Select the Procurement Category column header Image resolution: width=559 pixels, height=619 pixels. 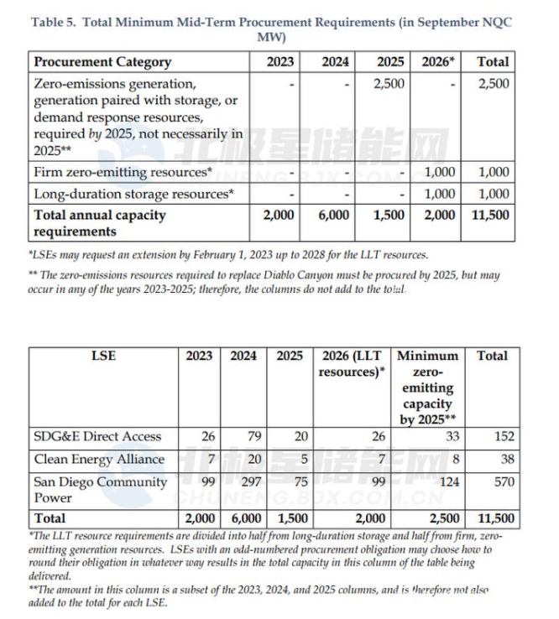[x=102, y=61]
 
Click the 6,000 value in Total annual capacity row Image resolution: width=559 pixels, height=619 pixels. [x=333, y=215]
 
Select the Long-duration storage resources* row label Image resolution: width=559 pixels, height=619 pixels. [x=133, y=194]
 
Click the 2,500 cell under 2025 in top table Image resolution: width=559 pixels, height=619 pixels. [x=388, y=84]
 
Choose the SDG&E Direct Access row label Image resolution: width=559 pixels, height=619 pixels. [x=97, y=436]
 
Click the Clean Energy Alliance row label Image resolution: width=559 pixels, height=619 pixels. [x=99, y=460]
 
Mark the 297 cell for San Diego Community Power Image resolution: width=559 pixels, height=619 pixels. [x=244, y=482]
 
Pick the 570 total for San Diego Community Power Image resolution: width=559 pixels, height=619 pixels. [x=503, y=482]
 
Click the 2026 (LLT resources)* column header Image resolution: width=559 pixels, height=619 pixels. [x=349, y=363]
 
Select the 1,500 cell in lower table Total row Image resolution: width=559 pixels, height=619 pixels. [x=290, y=518]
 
